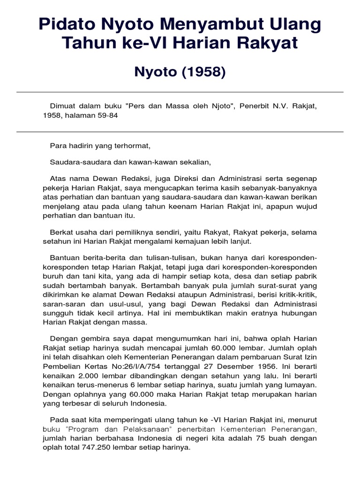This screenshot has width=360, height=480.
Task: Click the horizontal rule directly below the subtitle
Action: [x=180, y=92]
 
